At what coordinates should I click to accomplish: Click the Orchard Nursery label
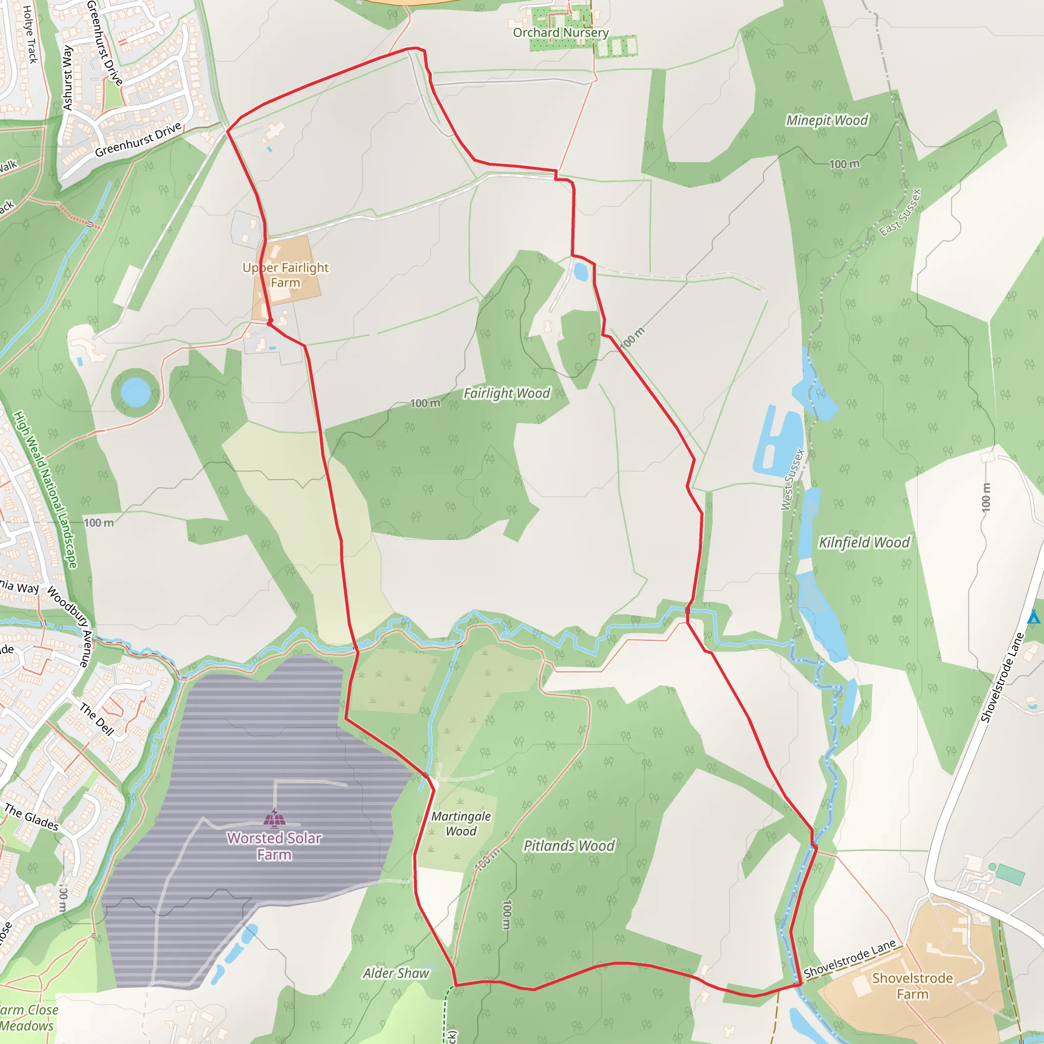click(x=560, y=33)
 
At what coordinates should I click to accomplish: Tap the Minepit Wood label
click(x=826, y=120)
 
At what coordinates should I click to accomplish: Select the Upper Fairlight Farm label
click(x=285, y=275)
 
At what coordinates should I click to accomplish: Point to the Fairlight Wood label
click(x=506, y=393)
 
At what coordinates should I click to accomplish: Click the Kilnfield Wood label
click(x=864, y=542)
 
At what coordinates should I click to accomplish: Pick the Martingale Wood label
click(x=460, y=824)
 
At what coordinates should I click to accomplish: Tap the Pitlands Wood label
click(x=568, y=845)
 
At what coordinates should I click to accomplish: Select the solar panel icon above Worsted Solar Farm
click(x=274, y=818)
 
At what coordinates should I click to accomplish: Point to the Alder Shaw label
click(x=396, y=973)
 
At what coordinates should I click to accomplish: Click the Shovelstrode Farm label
click(x=912, y=986)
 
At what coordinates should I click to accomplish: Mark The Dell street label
click(x=97, y=719)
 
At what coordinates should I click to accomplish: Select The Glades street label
click(x=31, y=817)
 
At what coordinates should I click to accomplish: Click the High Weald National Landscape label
click(x=45, y=489)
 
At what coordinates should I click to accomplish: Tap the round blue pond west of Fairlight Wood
click(x=136, y=392)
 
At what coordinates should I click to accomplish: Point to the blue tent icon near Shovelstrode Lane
click(x=1033, y=617)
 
